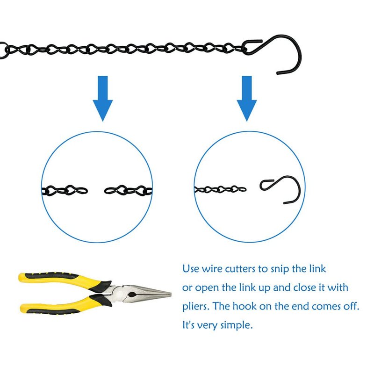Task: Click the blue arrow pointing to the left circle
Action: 102,98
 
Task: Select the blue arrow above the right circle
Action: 247,98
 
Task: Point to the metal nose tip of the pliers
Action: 171,294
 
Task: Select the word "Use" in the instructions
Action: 191,269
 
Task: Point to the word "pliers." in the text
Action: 196,307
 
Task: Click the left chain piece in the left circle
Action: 65,190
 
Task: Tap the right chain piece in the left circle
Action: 128,190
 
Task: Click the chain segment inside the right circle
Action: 220,190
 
